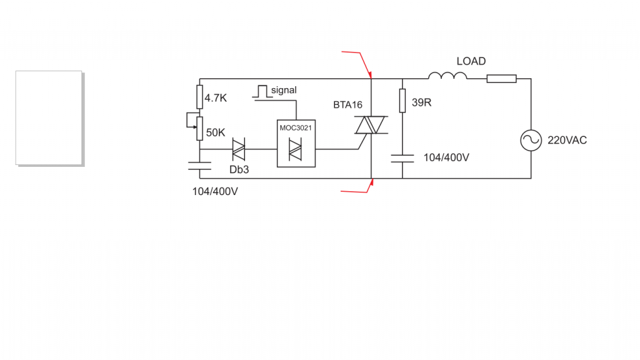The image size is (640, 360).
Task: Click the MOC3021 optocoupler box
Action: click(296, 143)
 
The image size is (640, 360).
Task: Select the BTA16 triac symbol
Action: click(371, 125)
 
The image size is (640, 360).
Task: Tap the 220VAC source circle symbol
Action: click(531, 141)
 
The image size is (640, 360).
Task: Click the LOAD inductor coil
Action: click(447, 76)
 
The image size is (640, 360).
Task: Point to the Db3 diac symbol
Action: click(238, 149)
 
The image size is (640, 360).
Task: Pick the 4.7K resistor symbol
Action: click(199, 97)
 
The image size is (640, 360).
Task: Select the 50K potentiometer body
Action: click(199, 129)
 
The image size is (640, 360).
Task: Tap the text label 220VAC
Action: click(567, 141)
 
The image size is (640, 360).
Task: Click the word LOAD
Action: click(471, 61)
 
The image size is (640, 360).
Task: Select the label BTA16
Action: click(347, 105)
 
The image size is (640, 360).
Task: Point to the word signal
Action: click(284, 91)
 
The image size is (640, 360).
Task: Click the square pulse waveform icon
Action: click(261, 92)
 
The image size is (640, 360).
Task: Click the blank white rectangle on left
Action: click(49, 117)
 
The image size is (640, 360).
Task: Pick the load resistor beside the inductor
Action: click(501, 79)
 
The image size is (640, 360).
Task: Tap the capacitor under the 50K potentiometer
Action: click(199, 166)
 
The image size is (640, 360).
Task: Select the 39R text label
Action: click(422, 102)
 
